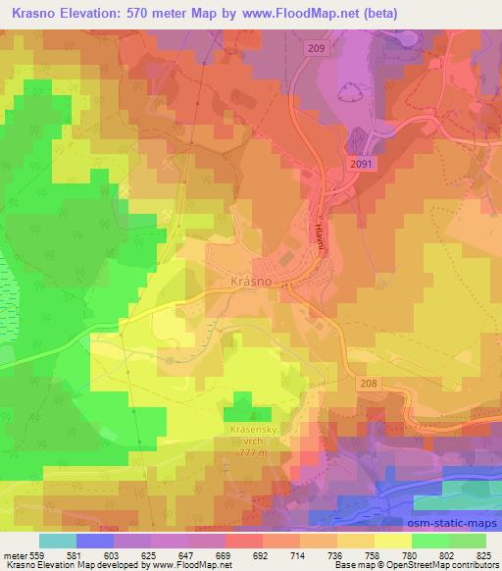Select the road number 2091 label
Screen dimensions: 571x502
[x=360, y=168]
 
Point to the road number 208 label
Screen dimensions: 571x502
[x=368, y=383]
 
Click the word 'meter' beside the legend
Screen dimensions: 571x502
[x=12, y=554]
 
